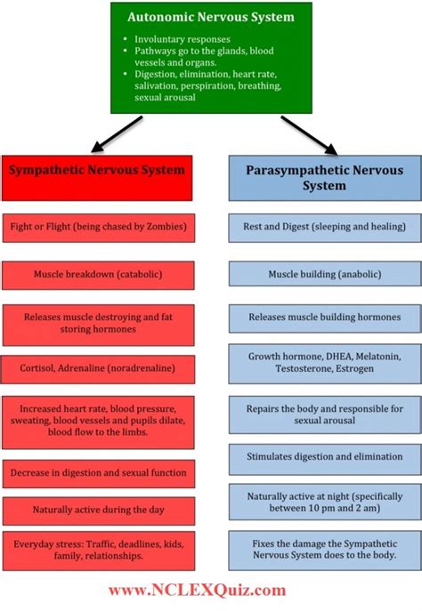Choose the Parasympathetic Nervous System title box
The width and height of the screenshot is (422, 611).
click(x=323, y=177)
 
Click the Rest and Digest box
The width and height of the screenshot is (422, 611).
click(x=323, y=228)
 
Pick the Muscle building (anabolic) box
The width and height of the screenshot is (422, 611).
click(x=323, y=275)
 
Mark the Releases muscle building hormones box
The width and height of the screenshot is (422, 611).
click(x=323, y=317)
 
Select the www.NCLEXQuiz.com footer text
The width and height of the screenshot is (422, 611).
click(x=199, y=590)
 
